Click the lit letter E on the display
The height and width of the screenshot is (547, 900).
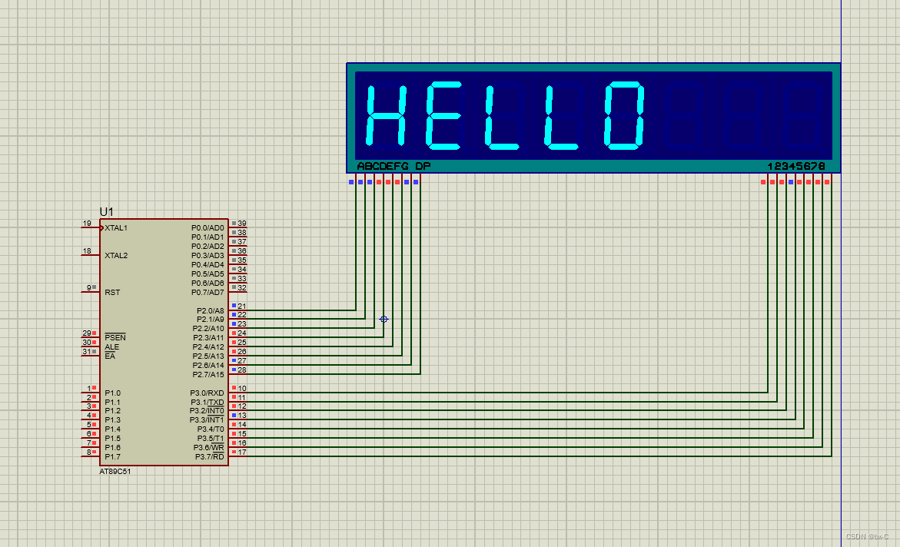click(x=443, y=115)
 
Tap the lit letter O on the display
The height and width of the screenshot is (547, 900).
click(x=623, y=115)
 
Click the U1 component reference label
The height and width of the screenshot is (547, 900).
click(x=106, y=211)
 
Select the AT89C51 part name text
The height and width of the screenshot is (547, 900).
click(x=115, y=472)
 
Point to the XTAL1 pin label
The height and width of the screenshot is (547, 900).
click(x=117, y=228)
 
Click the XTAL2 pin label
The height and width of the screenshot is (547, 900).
click(x=117, y=256)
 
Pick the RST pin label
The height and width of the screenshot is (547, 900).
click(x=112, y=293)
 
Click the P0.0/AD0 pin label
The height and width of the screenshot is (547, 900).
click(x=208, y=228)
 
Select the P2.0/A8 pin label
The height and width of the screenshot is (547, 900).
click(x=210, y=311)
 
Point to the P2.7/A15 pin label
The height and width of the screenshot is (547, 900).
click(x=208, y=375)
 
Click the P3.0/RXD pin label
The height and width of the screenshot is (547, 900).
click(x=208, y=393)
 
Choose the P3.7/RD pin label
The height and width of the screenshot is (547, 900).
click(x=208, y=457)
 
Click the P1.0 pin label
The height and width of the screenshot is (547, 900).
click(x=112, y=393)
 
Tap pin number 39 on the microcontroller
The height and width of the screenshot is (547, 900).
click(x=242, y=224)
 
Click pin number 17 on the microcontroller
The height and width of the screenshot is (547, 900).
click(x=242, y=453)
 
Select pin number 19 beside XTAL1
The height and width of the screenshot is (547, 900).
click(x=87, y=224)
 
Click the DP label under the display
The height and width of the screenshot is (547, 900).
click(x=423, y=167)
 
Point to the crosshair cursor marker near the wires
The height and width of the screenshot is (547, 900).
click(x=384, y=319)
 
